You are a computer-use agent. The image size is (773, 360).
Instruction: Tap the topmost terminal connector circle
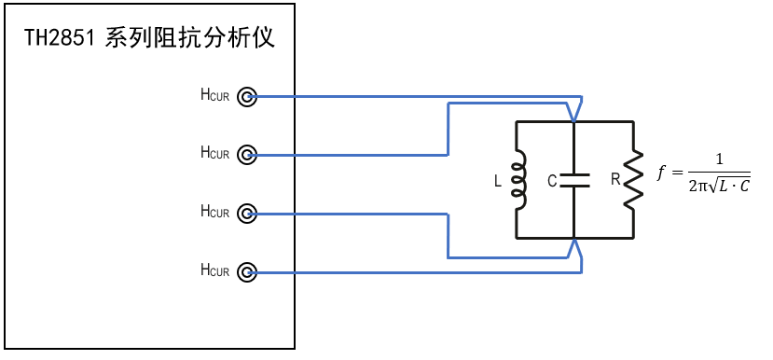[246, 95]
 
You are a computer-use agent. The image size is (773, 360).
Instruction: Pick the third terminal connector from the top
[246, 214]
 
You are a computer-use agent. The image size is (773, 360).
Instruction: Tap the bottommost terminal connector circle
[246, 272]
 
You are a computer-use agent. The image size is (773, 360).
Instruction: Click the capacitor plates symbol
[574, 180]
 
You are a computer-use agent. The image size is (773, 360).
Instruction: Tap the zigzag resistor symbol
[633, 180]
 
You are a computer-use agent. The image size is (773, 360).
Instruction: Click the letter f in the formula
[663, 173]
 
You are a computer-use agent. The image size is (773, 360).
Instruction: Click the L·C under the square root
[733, 187]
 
